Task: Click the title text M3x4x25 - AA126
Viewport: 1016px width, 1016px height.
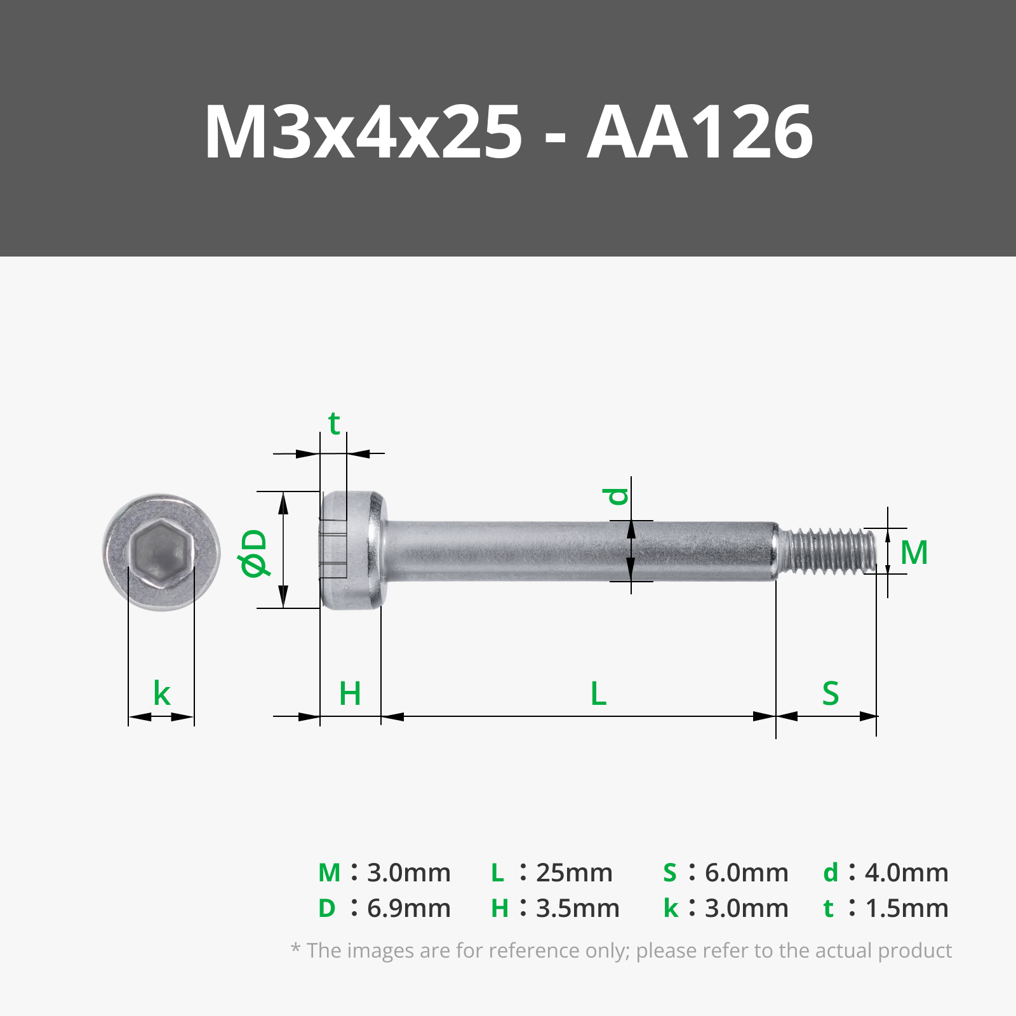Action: coord(508,132)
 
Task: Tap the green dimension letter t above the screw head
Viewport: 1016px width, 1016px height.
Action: coord(334,423)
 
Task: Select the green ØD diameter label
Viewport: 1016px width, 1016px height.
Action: coord(255,553)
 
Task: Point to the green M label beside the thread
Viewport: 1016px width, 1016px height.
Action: coord(914,552)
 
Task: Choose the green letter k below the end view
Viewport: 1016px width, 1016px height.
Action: coord(162,693)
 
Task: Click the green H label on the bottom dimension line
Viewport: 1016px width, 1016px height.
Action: coord(350,693)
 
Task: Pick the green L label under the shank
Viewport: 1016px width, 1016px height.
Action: coord(598,693)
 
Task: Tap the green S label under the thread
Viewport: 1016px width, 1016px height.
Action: coord(831,693)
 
